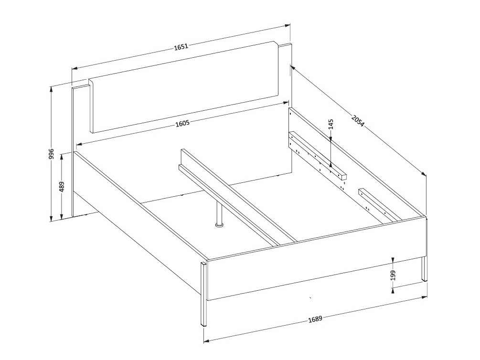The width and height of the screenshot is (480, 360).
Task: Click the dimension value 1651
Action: pos(181,46)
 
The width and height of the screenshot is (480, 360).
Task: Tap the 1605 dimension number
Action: pos(182,123)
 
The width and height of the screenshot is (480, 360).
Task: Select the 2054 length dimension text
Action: pos(358,121)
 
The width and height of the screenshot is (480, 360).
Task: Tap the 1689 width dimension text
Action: pos(315,319)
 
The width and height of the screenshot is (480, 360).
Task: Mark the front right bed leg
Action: pos(424,269)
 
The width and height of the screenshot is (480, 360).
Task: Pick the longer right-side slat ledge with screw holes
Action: pos(318,158)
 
